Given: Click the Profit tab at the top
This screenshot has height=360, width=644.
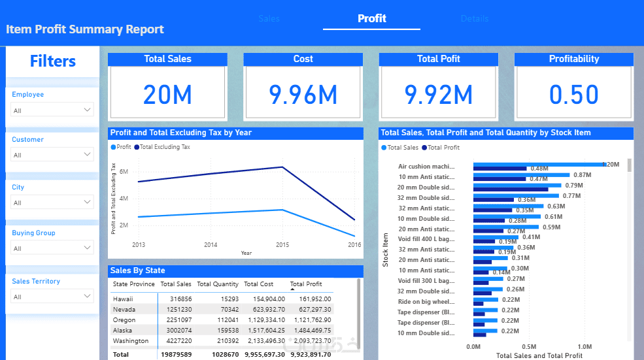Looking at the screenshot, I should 371,18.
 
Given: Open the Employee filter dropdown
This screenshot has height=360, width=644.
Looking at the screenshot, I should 52,110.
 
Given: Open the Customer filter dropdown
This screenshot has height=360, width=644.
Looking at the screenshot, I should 52,155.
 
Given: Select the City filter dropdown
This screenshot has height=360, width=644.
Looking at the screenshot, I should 52,203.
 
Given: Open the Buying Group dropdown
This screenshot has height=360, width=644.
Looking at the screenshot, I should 52,248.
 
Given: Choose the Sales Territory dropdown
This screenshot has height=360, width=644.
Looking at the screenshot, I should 52,297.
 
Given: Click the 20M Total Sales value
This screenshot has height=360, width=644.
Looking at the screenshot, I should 167,95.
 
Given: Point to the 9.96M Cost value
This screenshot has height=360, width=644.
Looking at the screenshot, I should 303,95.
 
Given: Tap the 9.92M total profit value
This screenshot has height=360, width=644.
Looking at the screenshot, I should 438,95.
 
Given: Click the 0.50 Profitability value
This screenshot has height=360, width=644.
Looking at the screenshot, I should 573,95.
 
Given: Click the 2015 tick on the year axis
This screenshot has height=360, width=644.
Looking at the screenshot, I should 282,245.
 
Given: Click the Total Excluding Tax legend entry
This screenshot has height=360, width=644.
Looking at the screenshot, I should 165,147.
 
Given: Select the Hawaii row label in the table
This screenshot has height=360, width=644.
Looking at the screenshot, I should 123,299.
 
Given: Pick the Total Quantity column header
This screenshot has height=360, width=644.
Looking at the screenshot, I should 218,284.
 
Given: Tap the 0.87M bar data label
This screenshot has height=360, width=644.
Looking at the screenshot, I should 582,175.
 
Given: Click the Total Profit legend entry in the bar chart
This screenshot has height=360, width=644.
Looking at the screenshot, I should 443,148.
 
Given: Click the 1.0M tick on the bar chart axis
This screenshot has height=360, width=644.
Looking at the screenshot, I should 585,346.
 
